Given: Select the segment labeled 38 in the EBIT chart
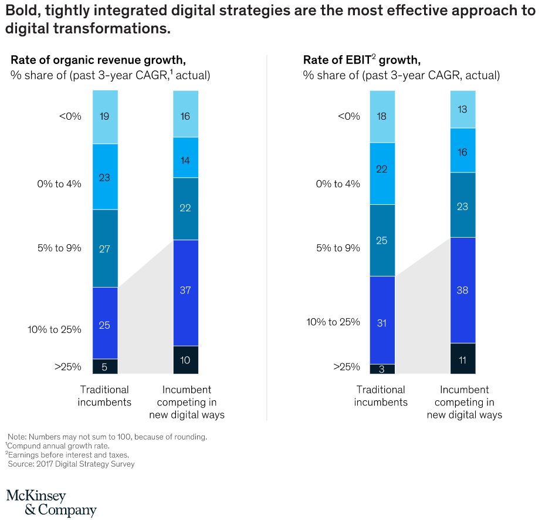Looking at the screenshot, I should tap(463, 290).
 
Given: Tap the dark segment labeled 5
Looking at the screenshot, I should tap(105, 367).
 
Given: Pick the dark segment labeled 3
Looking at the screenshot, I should tap(382, 369).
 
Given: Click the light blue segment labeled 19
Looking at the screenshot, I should tap(105, 117).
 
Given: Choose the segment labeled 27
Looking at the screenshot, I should tap(105, 248).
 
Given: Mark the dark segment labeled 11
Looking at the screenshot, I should tap(463, 359).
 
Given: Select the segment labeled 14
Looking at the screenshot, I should tap(185, 158).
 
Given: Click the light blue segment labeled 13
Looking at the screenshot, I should tap(463, 109).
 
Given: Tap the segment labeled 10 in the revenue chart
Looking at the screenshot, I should tap(185, 360).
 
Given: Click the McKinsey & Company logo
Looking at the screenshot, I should tap(51, 503).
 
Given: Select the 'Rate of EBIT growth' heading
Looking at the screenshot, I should tap(362, 60).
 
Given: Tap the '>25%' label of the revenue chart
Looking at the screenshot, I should tap(67, 367).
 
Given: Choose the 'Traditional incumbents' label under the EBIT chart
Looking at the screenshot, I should tap(381, 396).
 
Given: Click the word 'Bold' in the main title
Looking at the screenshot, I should tap(23, 12).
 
